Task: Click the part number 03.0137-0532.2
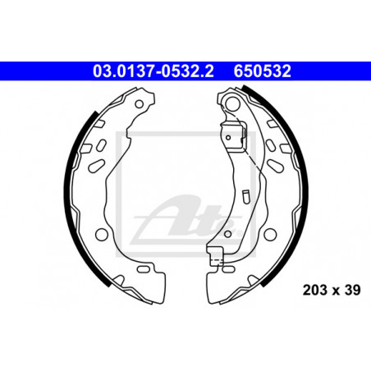pyautogui.click(x=153, y=71)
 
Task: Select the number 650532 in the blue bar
pyautogui.click(x=262, y=71)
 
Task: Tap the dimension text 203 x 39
pyautogui.click(x=332, y=290)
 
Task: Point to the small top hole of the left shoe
pyautogui.click(x=140, y=104)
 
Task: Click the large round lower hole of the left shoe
pyautogui.click(x=102, y=234)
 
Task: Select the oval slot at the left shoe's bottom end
pyautogui.click(x=143, y=269)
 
